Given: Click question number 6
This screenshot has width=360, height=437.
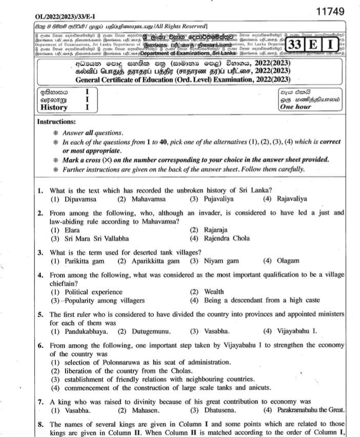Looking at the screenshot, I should point(41,346).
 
